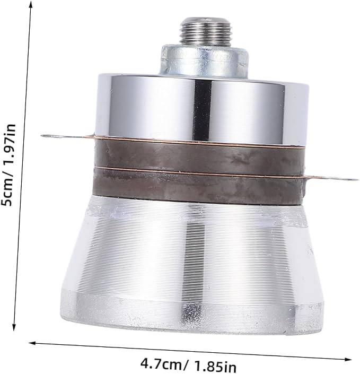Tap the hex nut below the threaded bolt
[204, 60]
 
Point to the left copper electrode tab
[67, 136]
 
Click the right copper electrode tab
[331, 178]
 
